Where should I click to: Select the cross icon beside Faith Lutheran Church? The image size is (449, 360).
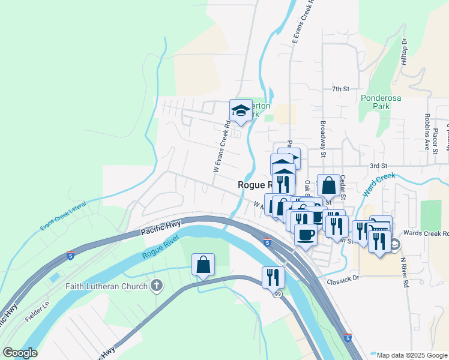coord(157,286)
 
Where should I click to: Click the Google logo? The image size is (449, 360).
coord(20,353)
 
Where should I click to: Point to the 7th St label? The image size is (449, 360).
coord(340,89)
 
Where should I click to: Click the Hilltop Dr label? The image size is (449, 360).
coord(404,52)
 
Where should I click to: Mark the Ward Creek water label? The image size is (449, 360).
coord(379,184)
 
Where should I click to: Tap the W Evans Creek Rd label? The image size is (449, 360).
coord(221,148)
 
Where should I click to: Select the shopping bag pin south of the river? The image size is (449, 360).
coord(203,264)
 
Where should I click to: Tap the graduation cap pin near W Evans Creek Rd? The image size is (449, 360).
coord(241,110)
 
